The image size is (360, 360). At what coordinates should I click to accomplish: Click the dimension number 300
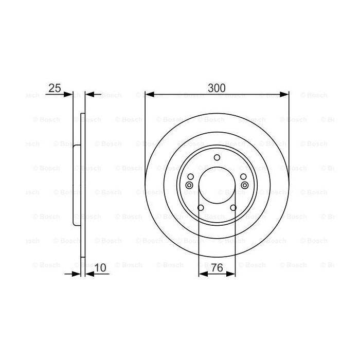coord(217,87)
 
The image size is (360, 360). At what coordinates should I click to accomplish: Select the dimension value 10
coord(101,268)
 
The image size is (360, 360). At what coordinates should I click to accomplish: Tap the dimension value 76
coord(217,268)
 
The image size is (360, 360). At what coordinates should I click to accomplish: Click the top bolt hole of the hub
coord(217,157)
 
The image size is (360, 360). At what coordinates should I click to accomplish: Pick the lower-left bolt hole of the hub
coord(200,208)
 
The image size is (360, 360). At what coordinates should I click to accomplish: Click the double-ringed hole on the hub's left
coord(189,185)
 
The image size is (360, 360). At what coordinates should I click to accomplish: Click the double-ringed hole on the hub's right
coord(244,185)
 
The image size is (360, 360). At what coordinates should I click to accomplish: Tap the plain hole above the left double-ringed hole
coord(190,177)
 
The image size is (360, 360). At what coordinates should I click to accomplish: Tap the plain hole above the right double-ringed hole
coord(243,177)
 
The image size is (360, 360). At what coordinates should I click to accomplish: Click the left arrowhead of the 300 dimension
coord(149,94)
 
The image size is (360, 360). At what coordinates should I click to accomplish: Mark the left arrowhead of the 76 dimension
coord(202,275)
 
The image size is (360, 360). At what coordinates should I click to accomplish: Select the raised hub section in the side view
coord(76,185)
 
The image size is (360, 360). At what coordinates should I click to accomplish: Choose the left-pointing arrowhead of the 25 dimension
coord(89,94)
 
